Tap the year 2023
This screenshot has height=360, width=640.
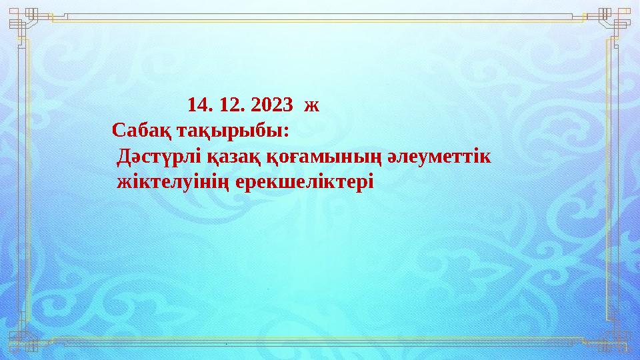(272, 105)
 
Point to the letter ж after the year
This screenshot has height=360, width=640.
(311, 105)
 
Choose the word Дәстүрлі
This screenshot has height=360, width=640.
(157, 157)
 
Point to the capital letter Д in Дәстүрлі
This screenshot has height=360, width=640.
(123, 157)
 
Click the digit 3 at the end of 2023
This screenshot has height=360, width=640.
(287, 105)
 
